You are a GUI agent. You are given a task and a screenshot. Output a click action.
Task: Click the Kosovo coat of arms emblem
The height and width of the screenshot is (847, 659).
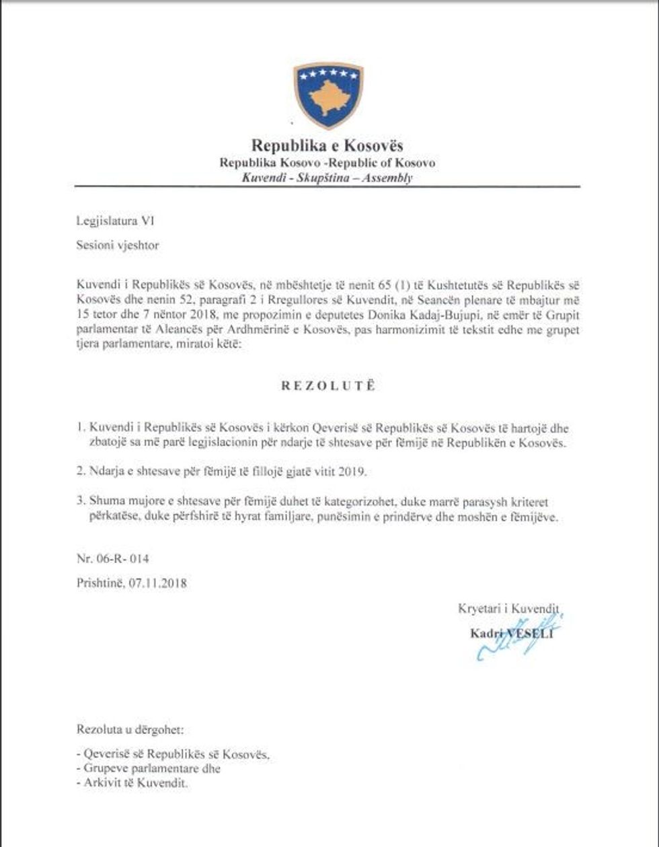coord(328,95)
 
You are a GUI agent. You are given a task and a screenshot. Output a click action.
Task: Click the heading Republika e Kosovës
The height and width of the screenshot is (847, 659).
coord(327,145)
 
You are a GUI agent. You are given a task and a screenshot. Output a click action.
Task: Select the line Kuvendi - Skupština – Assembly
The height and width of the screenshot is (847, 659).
coord(327,178)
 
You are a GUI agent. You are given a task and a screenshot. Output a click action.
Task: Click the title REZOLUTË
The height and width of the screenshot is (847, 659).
coord(327,386)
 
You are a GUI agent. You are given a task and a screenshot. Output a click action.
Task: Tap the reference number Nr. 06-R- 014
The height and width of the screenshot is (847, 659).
coord(112,558)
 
